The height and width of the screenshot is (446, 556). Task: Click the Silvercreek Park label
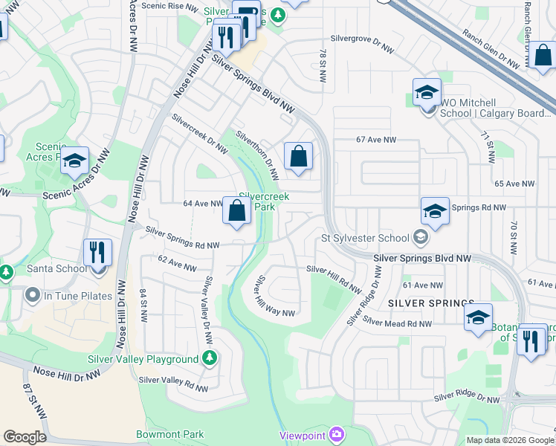[263, 201]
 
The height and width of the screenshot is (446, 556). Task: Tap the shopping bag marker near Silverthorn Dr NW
[298, 157]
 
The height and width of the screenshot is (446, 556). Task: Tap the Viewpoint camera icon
[336, 433]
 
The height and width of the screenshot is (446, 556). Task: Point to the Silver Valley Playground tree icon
[210, 359]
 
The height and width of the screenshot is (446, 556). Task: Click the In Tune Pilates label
[77, 296]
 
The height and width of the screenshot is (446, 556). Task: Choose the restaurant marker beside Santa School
[97, 253]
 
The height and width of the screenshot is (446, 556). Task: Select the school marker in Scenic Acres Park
[74, 161]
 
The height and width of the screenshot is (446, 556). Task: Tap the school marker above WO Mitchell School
[427, 93]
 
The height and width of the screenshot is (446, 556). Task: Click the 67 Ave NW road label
[377, 140]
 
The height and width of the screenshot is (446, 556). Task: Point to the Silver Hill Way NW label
[274, 297]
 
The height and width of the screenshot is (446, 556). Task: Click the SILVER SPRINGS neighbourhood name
[430, 303]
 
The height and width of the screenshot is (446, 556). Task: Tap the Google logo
[24, 436]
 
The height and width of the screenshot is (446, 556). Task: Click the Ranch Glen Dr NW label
[493, 45]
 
